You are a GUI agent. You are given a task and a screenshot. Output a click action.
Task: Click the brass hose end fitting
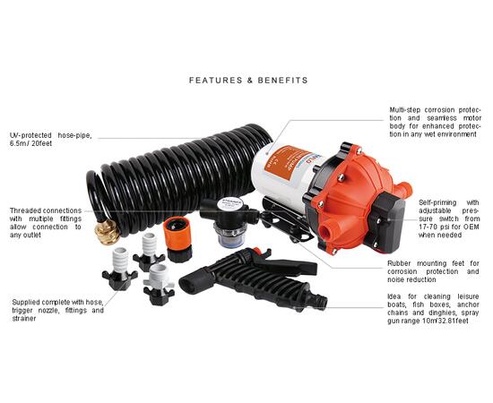(x=108, y=232)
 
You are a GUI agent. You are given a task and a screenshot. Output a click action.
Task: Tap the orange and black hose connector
(x=178, y=239)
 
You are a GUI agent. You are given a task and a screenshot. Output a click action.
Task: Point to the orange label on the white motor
(x=282, y=163)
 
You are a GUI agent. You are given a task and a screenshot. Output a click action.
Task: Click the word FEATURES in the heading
(x=216, y=81)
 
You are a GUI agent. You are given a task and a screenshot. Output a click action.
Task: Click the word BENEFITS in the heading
(x=282, y=81)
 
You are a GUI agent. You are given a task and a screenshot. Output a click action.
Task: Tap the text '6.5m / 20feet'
(x=30, y=143)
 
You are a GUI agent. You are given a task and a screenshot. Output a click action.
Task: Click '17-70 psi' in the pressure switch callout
(x=434, y=227)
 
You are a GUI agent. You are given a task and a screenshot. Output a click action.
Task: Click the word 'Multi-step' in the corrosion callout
(x=404, y=110)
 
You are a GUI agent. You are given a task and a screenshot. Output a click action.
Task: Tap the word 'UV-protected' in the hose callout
(x=30, y=135)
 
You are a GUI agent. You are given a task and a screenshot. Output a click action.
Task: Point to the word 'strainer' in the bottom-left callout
(x=24, y=319)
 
